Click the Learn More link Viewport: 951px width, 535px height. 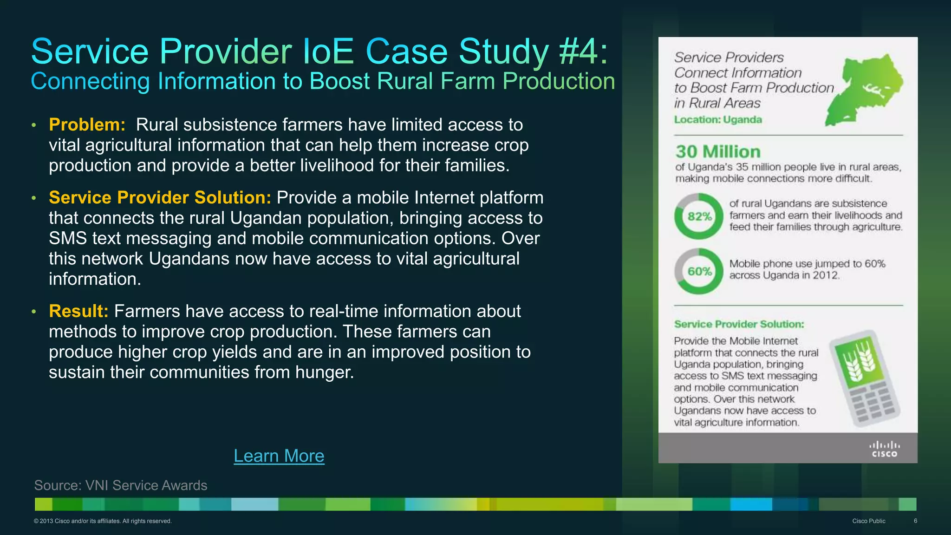279,456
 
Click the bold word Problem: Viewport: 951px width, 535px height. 87,124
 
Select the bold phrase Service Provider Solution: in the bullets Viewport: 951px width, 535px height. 160,197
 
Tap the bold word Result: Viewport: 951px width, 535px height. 78,311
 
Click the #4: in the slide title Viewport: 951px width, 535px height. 583,51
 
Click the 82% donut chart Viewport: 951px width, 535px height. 699,216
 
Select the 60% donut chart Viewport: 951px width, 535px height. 699,271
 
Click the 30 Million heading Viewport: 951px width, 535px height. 718,152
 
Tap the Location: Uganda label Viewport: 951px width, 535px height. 718,120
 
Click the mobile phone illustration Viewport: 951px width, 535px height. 865,378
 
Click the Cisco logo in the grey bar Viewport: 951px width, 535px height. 884,449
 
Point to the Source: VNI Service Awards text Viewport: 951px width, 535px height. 121,485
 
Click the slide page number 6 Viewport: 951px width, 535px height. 915,521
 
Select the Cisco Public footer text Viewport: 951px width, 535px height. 868,521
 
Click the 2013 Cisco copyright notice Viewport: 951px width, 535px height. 103,521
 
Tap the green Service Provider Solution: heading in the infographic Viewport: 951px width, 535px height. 739,324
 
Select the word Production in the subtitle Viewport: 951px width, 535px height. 559,81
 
